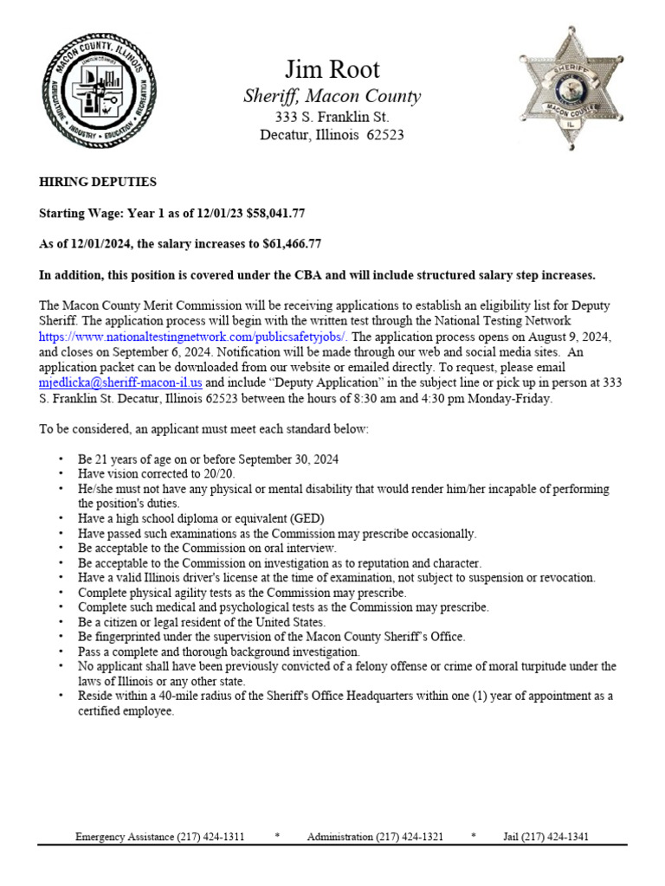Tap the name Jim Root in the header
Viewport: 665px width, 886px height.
[332, 69]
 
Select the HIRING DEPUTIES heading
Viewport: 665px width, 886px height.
[98, 182]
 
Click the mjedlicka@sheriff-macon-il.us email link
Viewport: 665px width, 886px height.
[120, 382]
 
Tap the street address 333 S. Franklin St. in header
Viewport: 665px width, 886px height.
[332, 116]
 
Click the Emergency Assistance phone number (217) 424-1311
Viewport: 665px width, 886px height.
[210, 837]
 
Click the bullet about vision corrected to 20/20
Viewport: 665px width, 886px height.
[156, 473]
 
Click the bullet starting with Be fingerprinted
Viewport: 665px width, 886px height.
[271, 636]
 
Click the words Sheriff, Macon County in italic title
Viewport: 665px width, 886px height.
[332, 96]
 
